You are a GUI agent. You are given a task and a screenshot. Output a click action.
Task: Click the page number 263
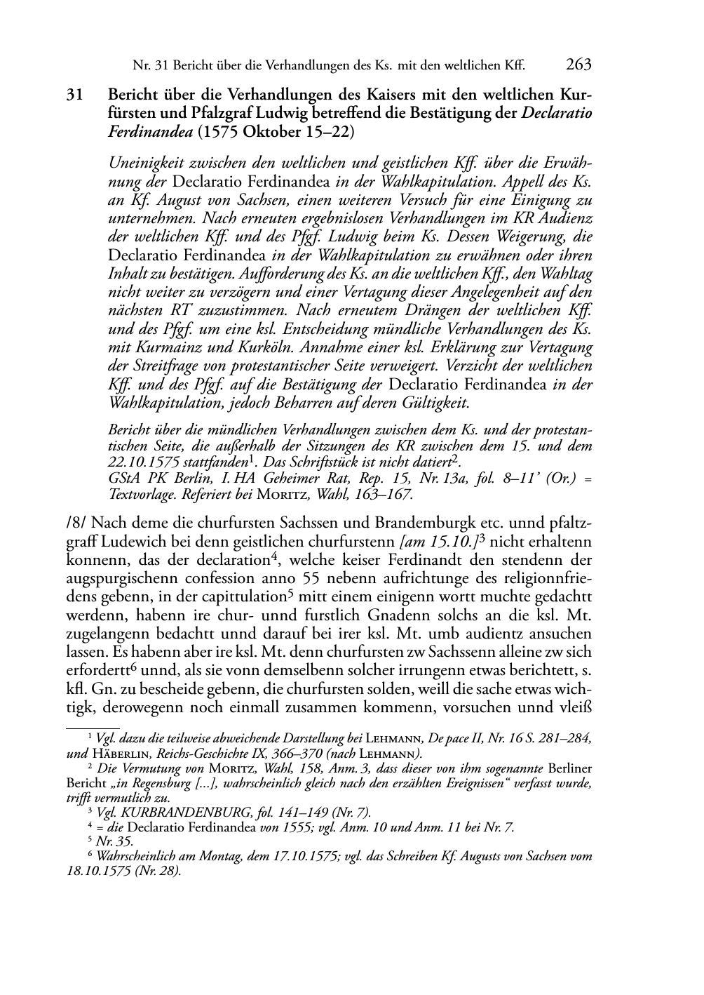pyautogui.click(x=578, y=65)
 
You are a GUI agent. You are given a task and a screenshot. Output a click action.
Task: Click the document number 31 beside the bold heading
pyautogui.click(x=74, y=95)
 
